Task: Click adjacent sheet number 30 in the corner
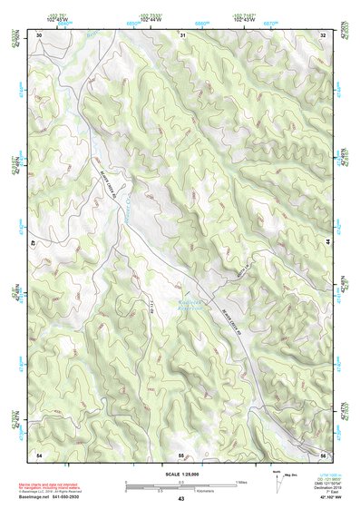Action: pos(39,34)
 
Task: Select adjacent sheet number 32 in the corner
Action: pos(323,34)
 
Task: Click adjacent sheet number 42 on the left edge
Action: pos(34,243)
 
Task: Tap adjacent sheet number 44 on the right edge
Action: pos(327,243)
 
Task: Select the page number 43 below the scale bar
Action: pos(181,499)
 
